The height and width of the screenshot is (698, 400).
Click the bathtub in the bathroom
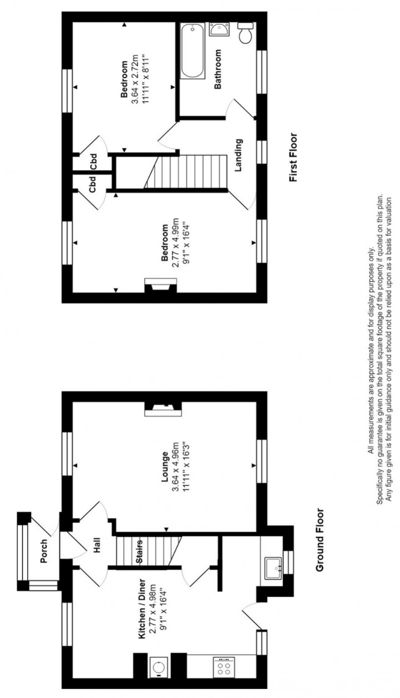click(x=193, y=51)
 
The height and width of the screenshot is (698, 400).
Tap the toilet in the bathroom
click(x=246, y=32)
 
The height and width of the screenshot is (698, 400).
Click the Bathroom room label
click(x=217, y=69)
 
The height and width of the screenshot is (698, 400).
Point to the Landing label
click(x=239, y=155)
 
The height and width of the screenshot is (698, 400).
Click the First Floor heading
click(x=293, y=158)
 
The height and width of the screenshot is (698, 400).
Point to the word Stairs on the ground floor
click(x=140, y=551)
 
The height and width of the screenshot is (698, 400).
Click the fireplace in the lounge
click(x=163, y=409)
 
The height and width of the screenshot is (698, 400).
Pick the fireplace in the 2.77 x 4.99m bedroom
click(x=161, y=285)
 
